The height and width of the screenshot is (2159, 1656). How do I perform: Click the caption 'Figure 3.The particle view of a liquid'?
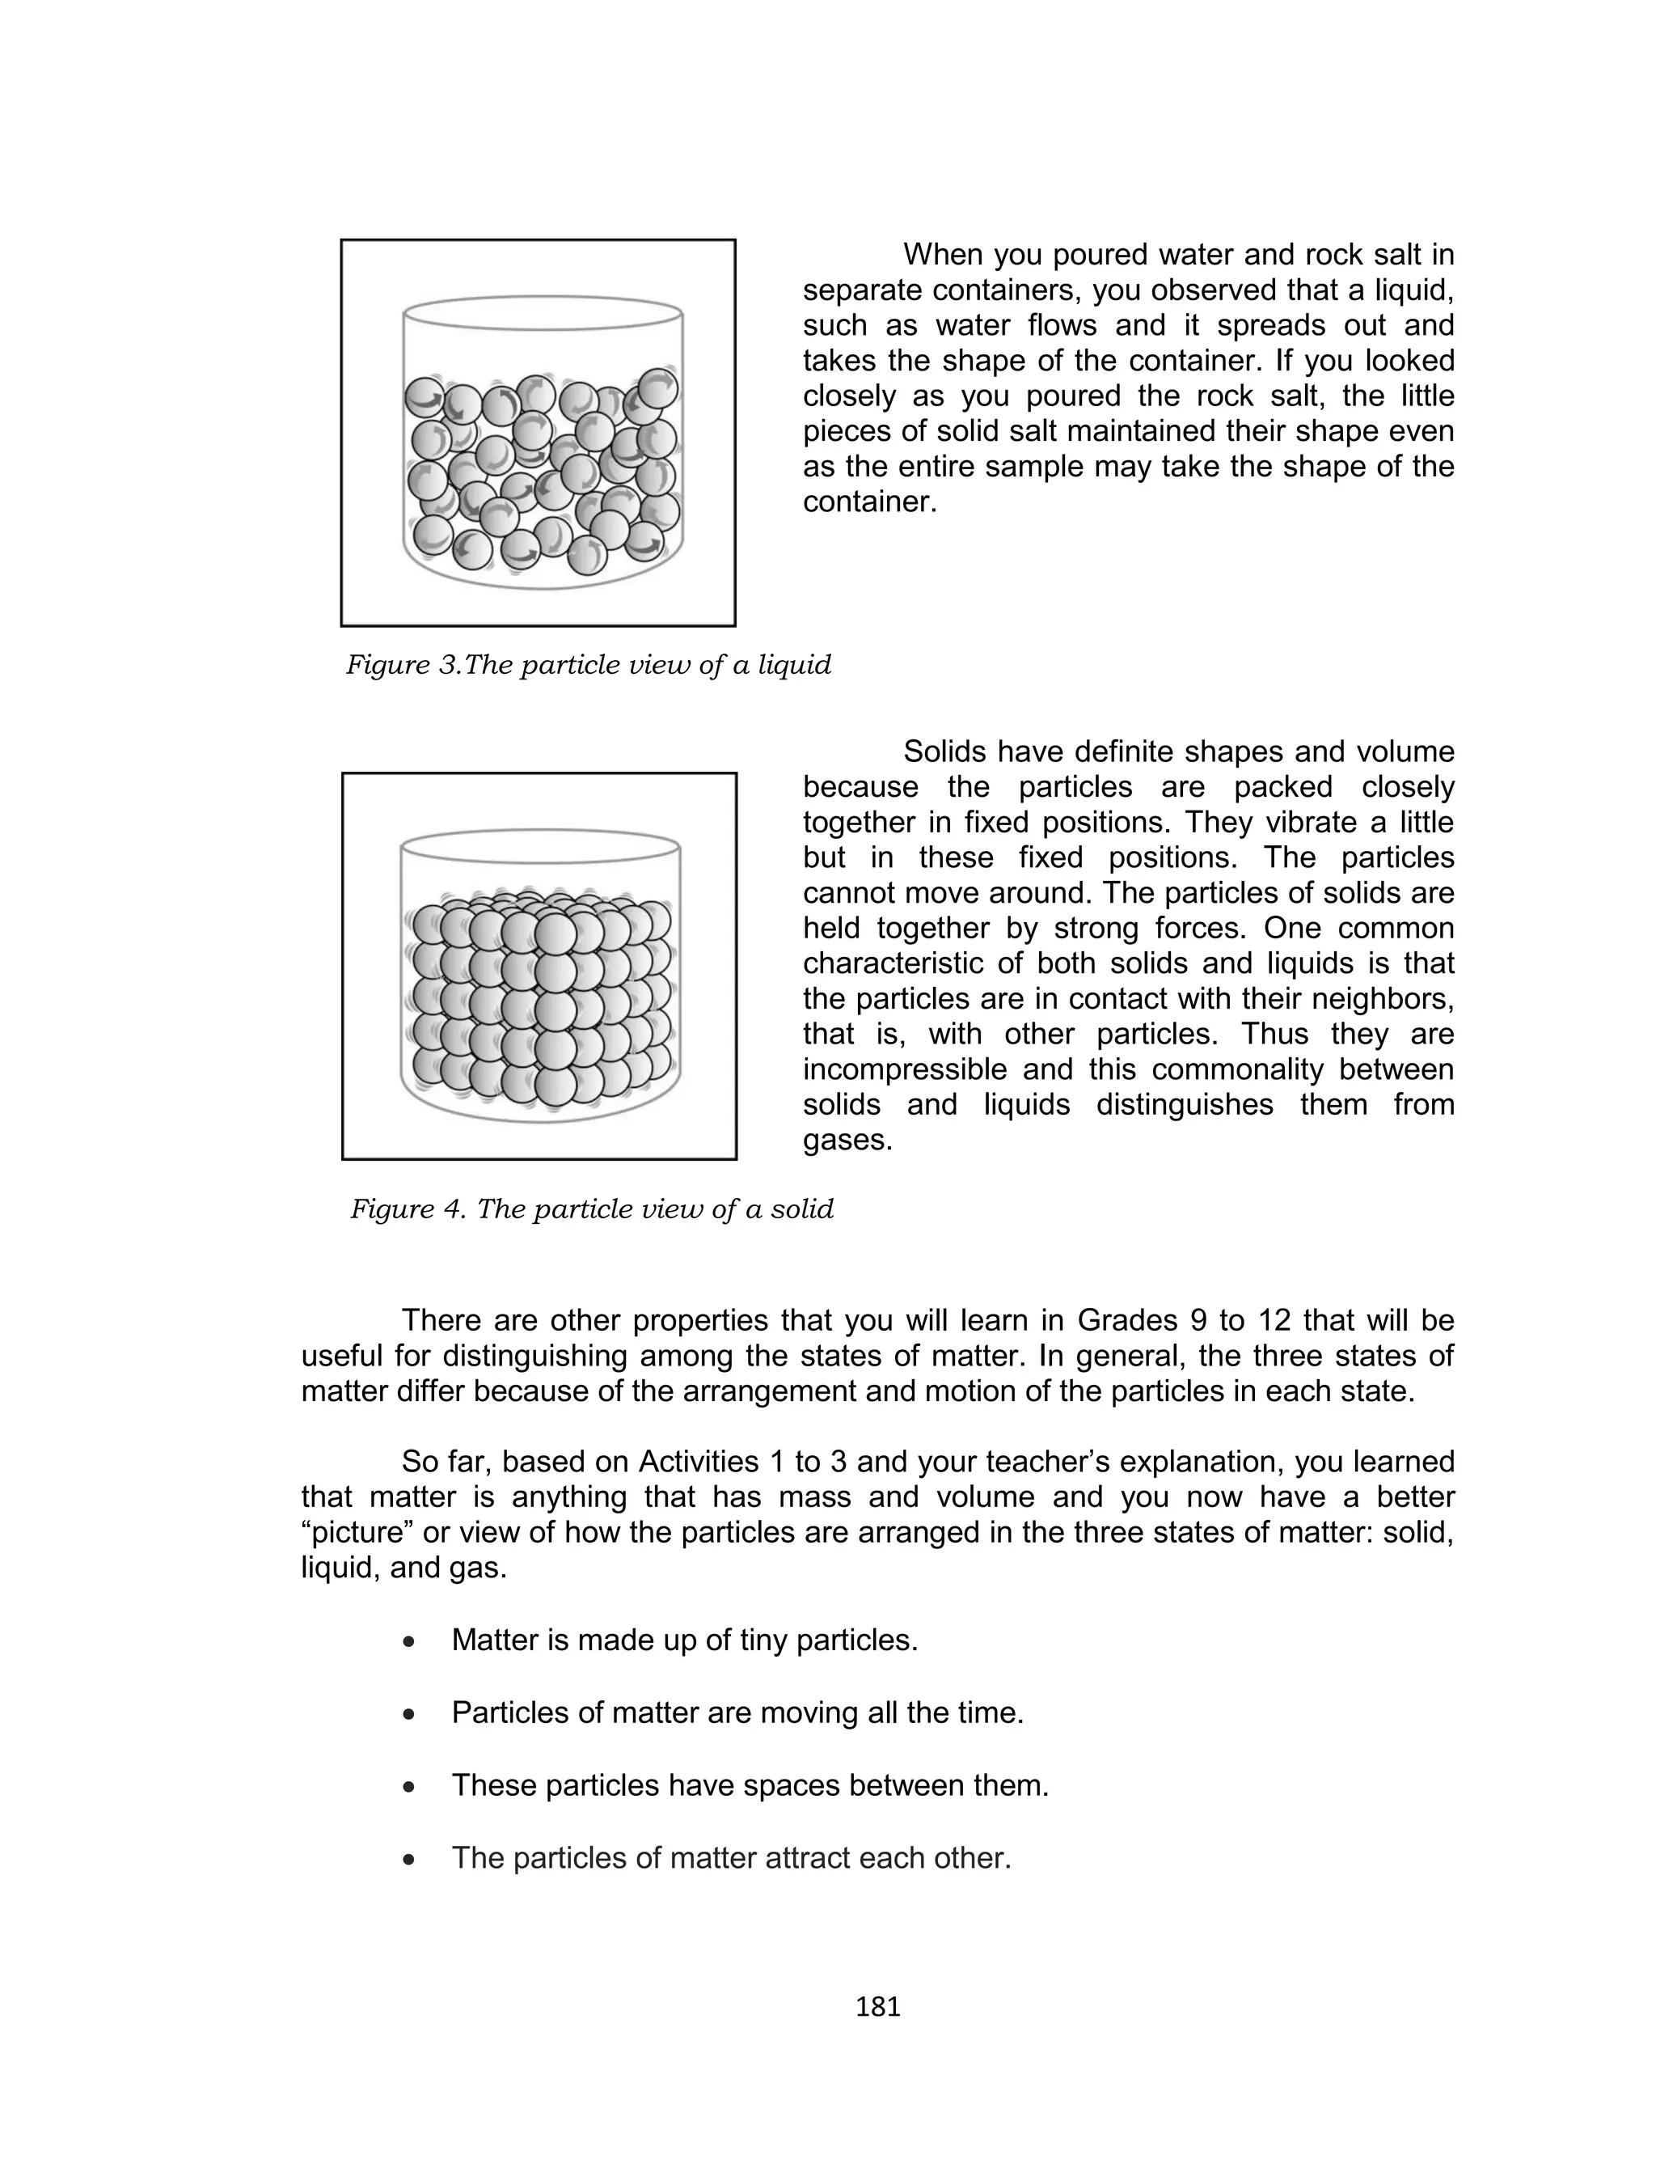589,666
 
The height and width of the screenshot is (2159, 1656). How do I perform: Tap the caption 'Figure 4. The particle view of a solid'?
591,1209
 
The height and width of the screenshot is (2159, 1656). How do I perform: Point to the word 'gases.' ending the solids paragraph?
847,1140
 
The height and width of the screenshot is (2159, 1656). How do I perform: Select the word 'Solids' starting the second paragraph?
945,751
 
